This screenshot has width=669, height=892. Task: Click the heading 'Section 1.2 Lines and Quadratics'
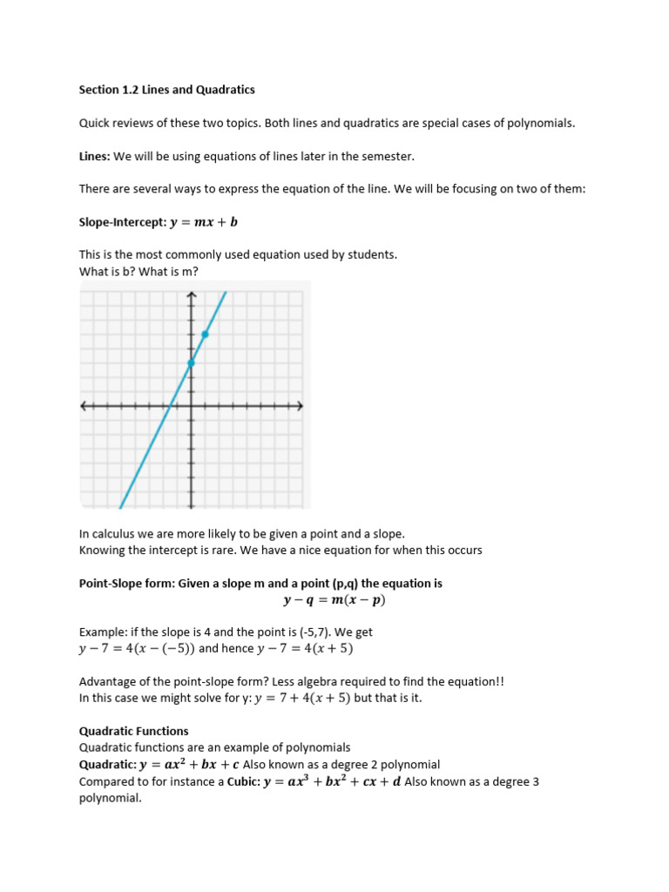[167, 90]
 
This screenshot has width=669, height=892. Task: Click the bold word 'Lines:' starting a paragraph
[94, 156]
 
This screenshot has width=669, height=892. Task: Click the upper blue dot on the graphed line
[205, 334]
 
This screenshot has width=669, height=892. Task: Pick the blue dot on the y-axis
[191, 362]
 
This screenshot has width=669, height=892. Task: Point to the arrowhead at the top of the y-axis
[191, 297]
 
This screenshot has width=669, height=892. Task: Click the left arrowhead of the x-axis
[84, 406]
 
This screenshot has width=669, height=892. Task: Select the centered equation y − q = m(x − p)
[334, 600]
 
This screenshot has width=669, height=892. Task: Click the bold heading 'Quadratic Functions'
[133, 731]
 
